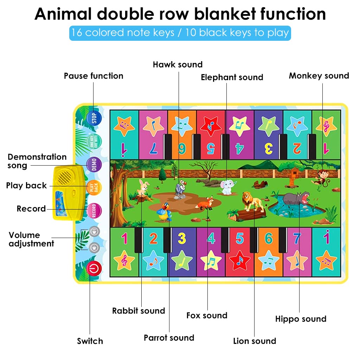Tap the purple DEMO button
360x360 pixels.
click(x=94, y=165)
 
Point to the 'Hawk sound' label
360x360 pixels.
click(x=178, y=65)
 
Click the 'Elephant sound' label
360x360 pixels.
click(x=232, y=77)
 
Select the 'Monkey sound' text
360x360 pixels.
click(x=319, y=76)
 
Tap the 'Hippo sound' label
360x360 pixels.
click(x=301, y=319)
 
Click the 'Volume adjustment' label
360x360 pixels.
click(x=31, y=239)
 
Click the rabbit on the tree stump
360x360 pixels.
click(x=142, y=187)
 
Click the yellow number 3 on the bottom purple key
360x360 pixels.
click(x=182, y=238)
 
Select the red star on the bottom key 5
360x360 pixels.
click(x=239, y=260)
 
